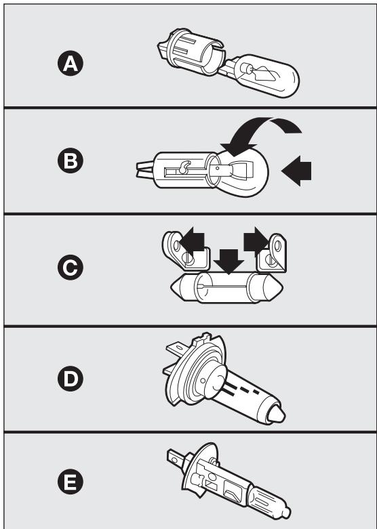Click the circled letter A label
71,63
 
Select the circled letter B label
71,161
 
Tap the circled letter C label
71,267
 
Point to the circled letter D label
71,379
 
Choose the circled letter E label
71,482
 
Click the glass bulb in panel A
265,75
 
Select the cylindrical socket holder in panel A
191,51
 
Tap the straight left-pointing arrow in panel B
296,171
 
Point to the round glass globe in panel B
241,173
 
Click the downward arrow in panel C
229,261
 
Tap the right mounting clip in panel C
273,253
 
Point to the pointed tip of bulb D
277,414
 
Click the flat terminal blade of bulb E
176,457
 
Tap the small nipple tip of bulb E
286,513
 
